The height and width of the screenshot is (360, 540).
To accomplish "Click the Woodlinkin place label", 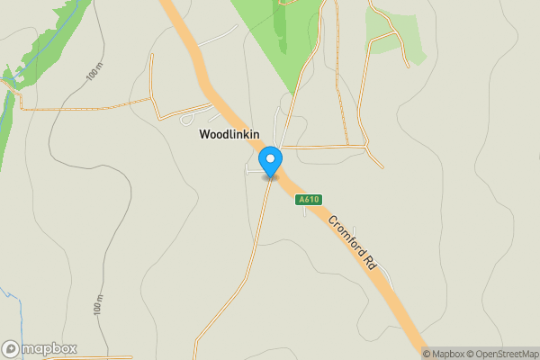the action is click(x=229, y=135).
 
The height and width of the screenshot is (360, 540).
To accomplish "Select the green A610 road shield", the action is click(x=309, y=200).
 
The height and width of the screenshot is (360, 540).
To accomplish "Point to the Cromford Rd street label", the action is click(x=352, y=243).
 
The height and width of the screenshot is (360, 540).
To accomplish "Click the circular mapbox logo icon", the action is click(x=11, y=348).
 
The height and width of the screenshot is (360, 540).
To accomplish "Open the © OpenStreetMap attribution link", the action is click(x=498, y=354).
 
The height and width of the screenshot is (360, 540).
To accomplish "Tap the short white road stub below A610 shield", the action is click(x=307, y=212).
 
